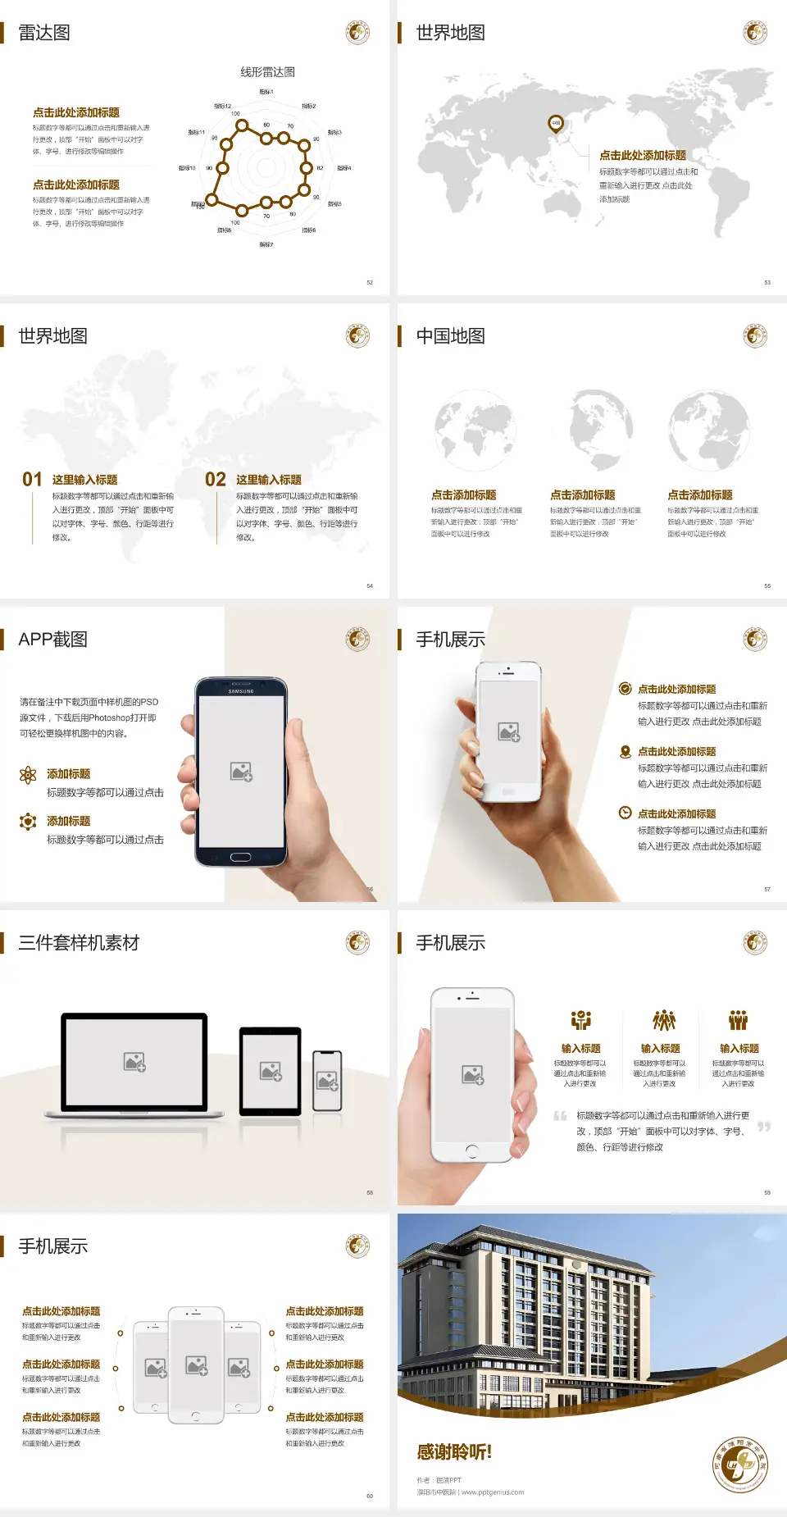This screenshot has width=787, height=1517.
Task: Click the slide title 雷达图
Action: point(44,33)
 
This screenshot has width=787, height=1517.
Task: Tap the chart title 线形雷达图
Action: point(267,72)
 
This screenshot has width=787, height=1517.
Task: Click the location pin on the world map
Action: point(556,124)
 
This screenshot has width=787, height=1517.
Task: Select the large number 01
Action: point(32,480)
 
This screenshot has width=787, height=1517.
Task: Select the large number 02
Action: point(216,480)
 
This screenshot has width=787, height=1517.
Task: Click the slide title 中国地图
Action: point(450,336)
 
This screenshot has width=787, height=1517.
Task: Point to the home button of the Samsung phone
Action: point(240,857)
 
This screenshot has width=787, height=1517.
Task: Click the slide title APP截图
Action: point(53,640)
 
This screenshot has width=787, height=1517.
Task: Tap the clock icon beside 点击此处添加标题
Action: point(625,813)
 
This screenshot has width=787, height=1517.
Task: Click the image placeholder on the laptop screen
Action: point(134,1062)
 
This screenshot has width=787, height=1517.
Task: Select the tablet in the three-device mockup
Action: point(271,1071)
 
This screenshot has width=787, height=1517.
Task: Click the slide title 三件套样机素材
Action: point(79,943)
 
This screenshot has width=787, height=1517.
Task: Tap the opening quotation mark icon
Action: point(560,1115)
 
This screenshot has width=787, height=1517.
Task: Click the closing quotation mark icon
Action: point(764,1127)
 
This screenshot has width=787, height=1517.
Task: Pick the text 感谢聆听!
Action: point(454,1452)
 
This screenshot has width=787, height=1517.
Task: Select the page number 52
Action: point(370,283)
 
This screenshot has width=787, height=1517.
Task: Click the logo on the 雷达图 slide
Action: point(357,33)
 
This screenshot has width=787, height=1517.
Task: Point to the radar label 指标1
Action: point(266,92)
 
